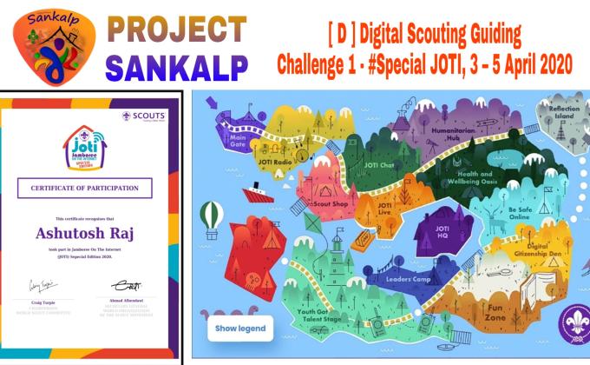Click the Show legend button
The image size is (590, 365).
(239, 328)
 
